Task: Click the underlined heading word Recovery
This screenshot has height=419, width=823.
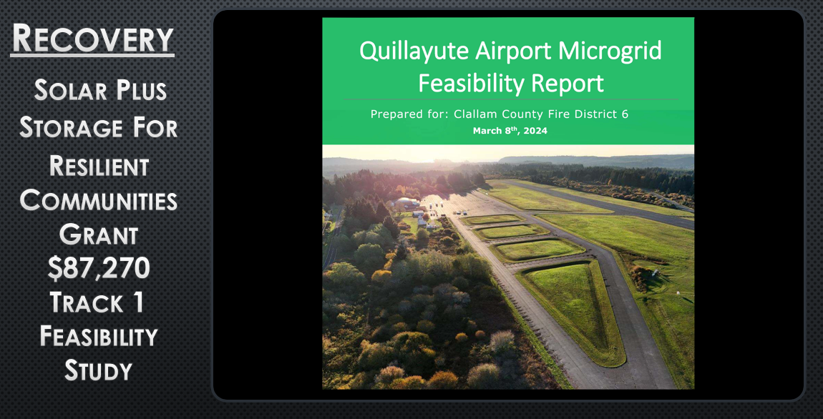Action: click(92, 38)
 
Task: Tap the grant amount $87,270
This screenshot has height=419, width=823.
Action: click(99, 267)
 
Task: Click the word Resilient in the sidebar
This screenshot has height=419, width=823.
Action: click(99, 166)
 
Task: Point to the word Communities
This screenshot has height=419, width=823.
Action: click(98, 201)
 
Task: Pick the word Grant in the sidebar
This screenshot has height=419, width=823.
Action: click(99, 235)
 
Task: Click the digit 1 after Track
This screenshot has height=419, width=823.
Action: click(138, 302)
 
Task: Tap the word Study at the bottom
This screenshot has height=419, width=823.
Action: click(99, 371)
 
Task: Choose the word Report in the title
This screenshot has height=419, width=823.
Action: click(571, 84)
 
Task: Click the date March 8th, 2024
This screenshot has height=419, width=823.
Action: click(510, 131)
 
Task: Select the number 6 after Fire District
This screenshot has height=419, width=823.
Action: click(625, 114)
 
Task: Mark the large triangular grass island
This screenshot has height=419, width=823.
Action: click(573, 310)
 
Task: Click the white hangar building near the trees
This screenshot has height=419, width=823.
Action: click(406, 202)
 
